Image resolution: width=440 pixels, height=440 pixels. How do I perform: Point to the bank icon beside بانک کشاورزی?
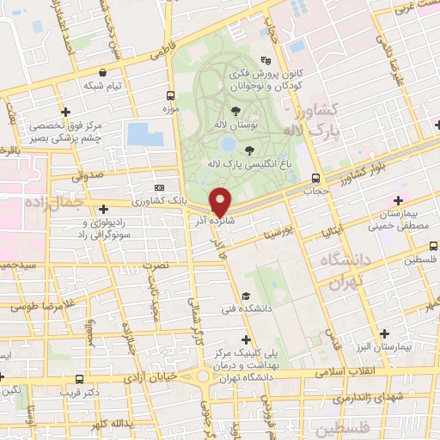coord(158,187)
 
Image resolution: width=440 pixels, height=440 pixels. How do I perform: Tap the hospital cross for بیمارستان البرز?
coord(384,333)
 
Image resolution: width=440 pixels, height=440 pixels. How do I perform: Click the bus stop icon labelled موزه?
coord(170,95)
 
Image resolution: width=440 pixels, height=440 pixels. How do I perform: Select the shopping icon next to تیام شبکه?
coord(103,73)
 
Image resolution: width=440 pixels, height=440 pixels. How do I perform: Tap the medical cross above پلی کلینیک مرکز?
coord(248,339)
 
